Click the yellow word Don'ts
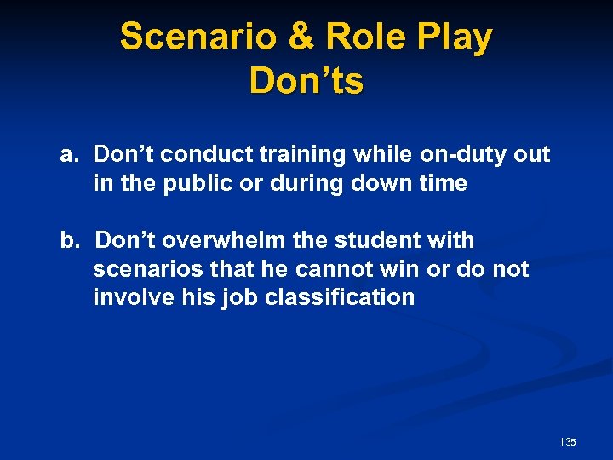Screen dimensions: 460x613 306,81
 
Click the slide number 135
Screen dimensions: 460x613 568,442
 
